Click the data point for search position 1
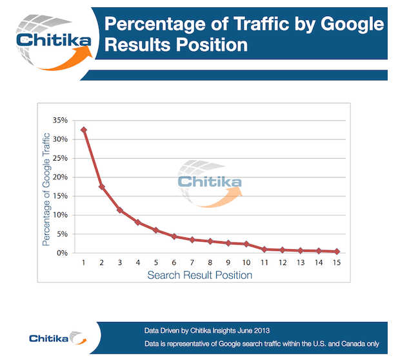pyautogui.click(x=83, y=130)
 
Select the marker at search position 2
pyautogui.click(x=102, y=187)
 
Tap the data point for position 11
pyautogui.click(x=264, y=249)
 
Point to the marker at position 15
pyautogui.click(x=337, y=252)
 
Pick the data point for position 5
pyautogui.click(x=156, y=230)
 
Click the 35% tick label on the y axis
pyautogui.click(x=60, y=120)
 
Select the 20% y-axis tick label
pyautogui.click(x=60, y=177)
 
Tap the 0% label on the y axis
pyautogui.click(x=62, y=253)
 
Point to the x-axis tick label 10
pyautogui.click(x=246, y=263)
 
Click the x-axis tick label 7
pyautogui.click(x=192, y=263)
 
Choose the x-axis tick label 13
pyautogui.click(x=301, y=263)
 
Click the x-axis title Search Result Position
pyautogui.click(x=200, y=275)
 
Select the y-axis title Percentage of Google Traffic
pyautogui.click(x=46, y=190)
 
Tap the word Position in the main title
pyautogui.click(x=212, y=45)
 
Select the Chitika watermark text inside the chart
pyautogui.click(x=210, y=182)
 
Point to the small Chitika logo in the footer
pyautogui.click(x=58, y=338)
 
